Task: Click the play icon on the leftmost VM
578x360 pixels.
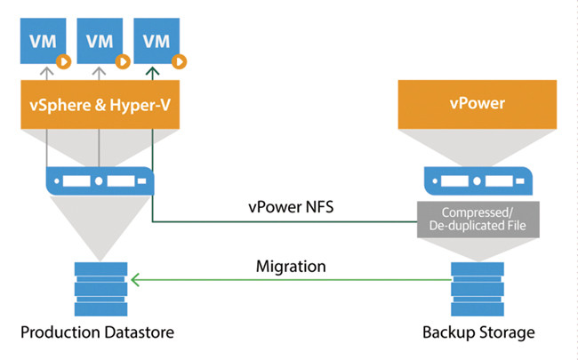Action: click(x=63, y=62)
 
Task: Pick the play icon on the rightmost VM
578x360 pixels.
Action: click(x=181, y=62)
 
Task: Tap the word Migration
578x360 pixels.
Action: click(x=291, y=265)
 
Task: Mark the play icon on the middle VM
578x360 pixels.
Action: click(x=123, y=62)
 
